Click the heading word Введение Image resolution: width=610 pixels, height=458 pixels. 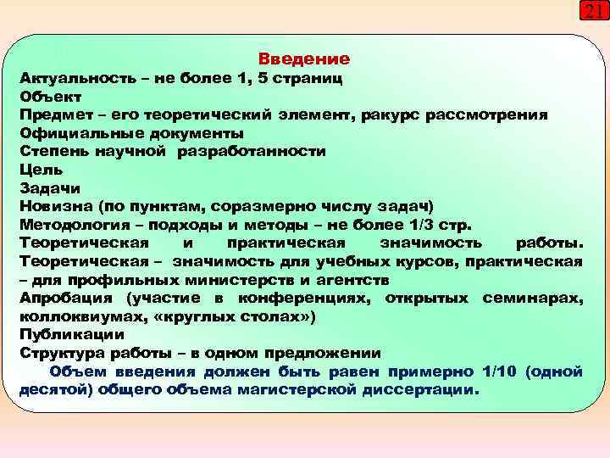303,59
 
